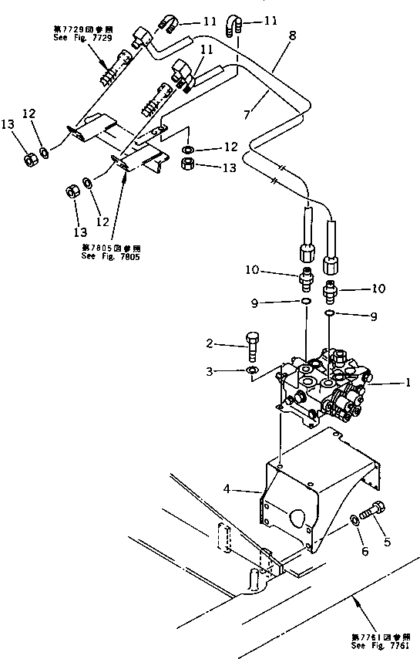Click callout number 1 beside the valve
[x=409, y=382]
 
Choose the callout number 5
[x=388, y=541]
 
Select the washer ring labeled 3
[x=252, y=372]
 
